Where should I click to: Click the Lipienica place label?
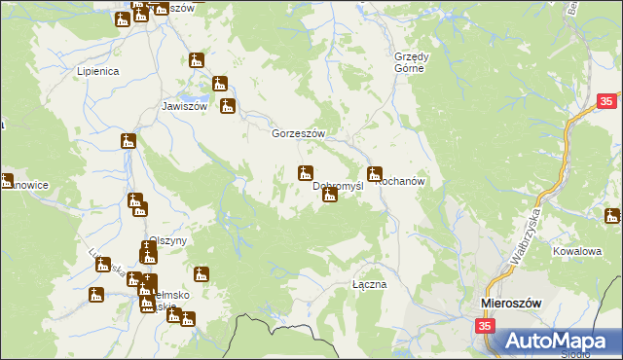(x=97, y=72)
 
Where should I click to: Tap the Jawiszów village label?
(x=185, y=107)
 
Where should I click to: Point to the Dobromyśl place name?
(x=338, y=185)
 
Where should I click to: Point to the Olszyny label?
(x=167, y=240)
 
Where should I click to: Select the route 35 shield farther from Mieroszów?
(x=606, y=100)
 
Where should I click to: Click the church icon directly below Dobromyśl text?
(x=330, y=196)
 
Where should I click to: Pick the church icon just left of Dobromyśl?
(x=305, y=173)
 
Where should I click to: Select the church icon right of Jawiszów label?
(x=228, y=106)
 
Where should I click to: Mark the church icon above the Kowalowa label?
(x=612, y=216)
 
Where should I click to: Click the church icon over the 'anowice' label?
(x=5, y=181)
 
